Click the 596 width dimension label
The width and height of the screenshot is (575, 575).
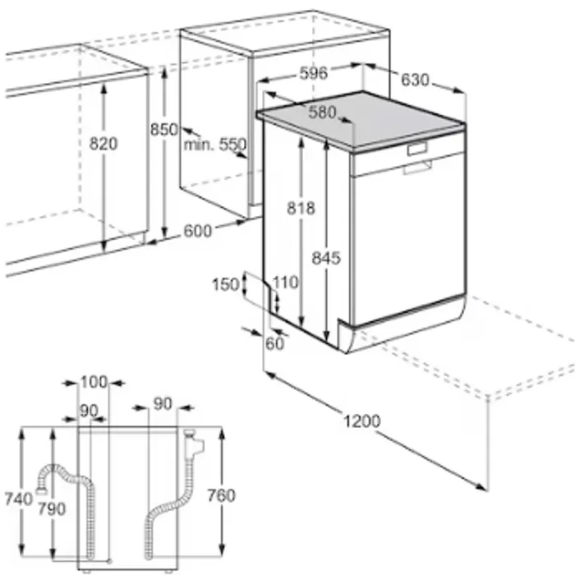coord(314,73)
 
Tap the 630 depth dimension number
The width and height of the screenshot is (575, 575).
coord(415,80)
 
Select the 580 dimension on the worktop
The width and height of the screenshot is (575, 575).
coord(322,113)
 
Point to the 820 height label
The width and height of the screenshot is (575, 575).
coord(103,144)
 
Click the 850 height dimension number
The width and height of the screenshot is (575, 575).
coord(164,130)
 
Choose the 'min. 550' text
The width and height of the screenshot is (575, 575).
coord(215,145)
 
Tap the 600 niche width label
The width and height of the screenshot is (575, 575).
coord(198,231)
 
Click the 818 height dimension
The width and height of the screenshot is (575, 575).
coord(301,208)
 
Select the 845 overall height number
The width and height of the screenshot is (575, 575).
coord(326,258)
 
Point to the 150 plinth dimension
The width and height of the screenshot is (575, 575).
coord(226,284)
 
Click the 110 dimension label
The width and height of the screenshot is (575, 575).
coord(286,283)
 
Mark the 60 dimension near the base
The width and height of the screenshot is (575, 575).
coord(274,344)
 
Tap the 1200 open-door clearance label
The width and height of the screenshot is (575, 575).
coord(362,421)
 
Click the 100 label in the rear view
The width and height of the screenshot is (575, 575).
coord(94,382)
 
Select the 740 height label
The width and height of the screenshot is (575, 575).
coord(18,499)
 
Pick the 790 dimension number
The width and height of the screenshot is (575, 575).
coord(52,508)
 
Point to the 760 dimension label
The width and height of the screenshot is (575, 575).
coord(222,496)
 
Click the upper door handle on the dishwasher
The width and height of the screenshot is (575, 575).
coord(417,149)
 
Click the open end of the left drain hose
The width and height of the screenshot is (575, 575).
coord(41,489)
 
